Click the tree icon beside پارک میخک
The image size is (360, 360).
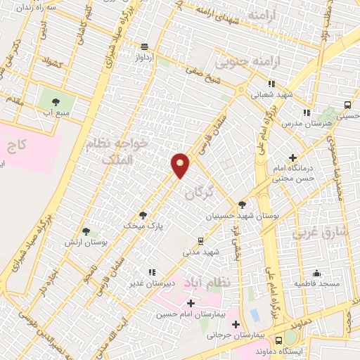pos(143,216)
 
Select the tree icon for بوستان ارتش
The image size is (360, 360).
pos(86,231)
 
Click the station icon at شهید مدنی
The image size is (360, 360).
pos(201,240)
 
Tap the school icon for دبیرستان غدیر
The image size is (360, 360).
pos(150,272)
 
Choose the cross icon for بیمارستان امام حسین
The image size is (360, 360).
pos(191,302)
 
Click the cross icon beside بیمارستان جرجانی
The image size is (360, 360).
pos(236,324)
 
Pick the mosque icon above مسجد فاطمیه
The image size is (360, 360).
pos(316,273)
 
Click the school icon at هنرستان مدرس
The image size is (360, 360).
pos(306,112)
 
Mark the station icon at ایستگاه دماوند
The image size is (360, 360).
pos(290,336)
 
